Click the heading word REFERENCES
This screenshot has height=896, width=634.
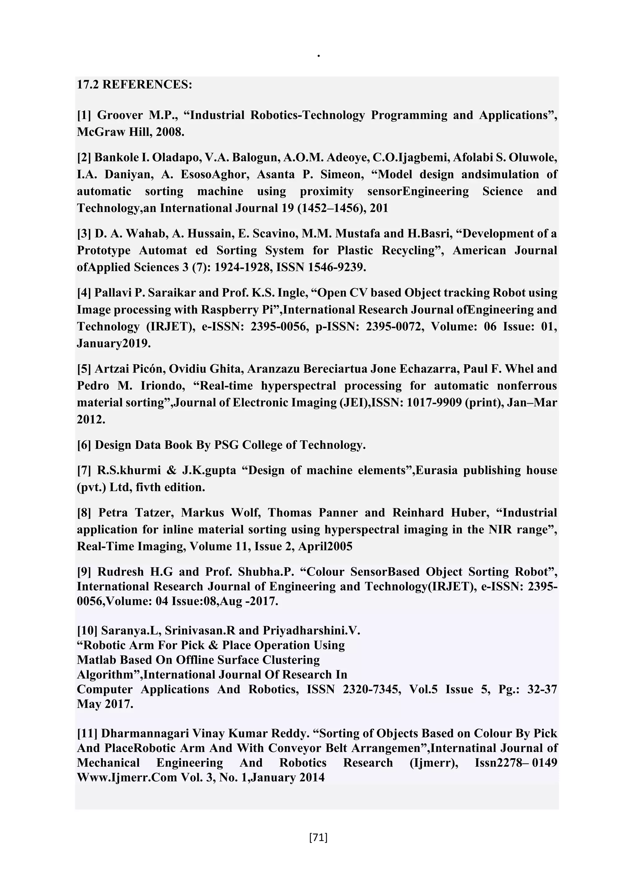click(x=147, y=85)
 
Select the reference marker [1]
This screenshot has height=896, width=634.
click(x=84, y=115)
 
